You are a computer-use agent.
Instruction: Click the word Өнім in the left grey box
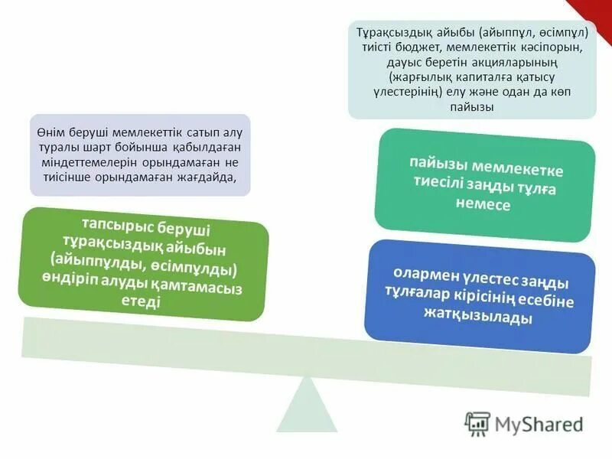[x=50, y=132]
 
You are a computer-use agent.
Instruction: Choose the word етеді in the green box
[x=142, y=302]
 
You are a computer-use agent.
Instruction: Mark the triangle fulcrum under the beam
[x=306, y=403]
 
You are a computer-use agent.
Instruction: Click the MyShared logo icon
[x=478, y=423]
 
